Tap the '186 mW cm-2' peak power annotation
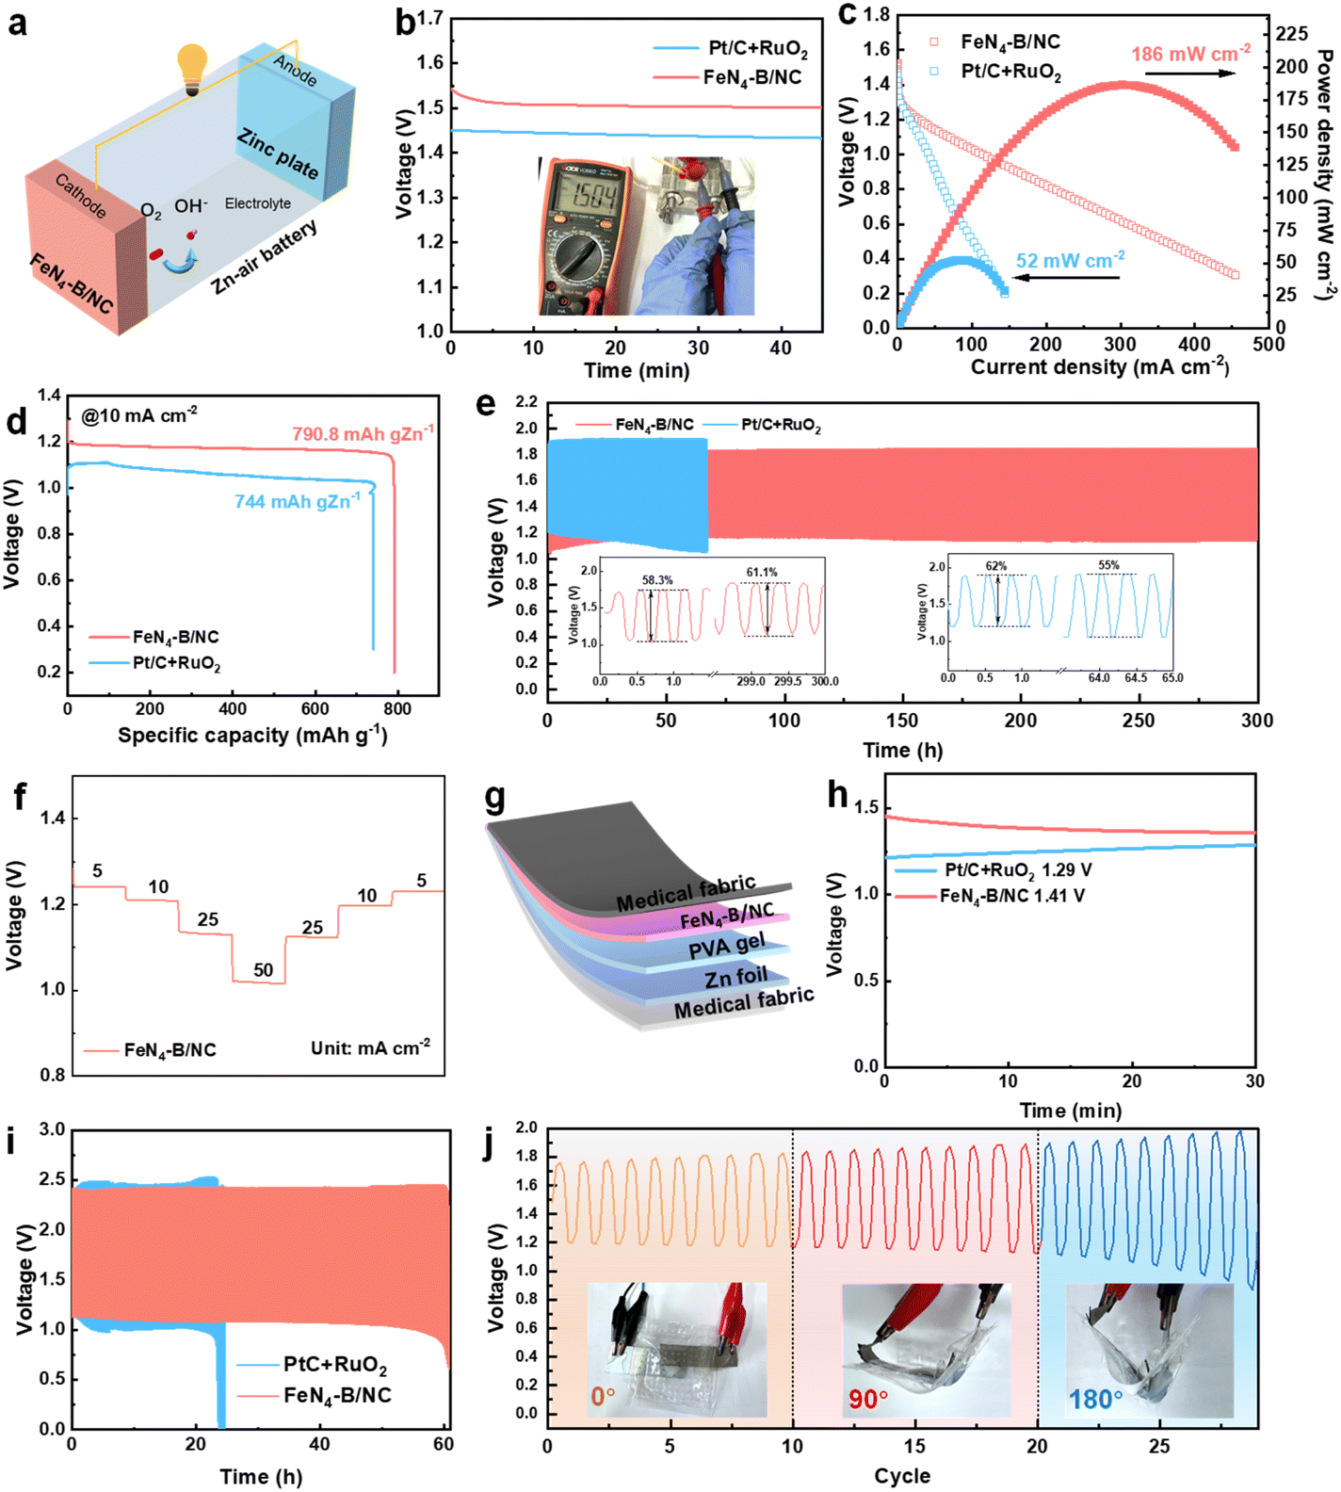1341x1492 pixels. [1190, 54]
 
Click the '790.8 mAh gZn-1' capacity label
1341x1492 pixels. [363, 433]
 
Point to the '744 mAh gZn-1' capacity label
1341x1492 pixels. [298, 501]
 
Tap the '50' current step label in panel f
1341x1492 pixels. [263, 970]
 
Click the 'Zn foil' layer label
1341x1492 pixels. [735, 978]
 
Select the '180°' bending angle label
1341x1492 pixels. [1095, 1400]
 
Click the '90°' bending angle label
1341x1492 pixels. [868, 1399]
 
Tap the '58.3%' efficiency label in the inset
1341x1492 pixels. [657, 580]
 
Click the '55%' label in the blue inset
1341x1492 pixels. [1108, 566]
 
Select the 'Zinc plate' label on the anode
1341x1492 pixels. [278, 154]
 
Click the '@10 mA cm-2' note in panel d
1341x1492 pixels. [139, 414]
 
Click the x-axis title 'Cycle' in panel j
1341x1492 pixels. [901, 1476]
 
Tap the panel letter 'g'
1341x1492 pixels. [494, 798]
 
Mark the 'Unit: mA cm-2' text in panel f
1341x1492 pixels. [370, 1047]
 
